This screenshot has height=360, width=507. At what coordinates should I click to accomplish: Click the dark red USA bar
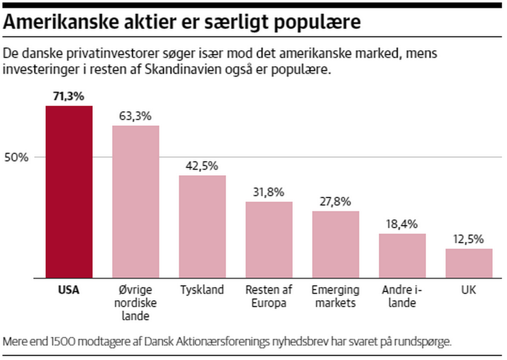tap(69, 192)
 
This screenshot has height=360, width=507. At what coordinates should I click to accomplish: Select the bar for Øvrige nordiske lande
tap(136, 201)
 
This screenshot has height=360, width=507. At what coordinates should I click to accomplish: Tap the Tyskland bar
tap(202, 226)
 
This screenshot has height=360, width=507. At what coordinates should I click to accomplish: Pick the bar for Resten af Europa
tap(269, 239)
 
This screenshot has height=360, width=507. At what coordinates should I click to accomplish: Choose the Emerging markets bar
tap(335, 244)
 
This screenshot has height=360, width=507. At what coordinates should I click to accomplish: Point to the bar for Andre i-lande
tap(402, 255)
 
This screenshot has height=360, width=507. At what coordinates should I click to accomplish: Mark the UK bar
tap(469, 263)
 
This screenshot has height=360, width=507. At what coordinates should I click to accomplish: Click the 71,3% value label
tap(69, 96)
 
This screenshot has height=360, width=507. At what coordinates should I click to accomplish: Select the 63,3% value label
tap(136, 116)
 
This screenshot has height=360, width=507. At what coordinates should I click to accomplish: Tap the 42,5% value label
tap(202, 165)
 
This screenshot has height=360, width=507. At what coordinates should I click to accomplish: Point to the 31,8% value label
tap(269, 192)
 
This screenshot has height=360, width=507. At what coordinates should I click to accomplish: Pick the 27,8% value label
tap(335, 201)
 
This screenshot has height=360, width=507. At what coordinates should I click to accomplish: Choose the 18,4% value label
tap(402, 224)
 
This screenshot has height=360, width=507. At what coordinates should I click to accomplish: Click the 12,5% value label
tap(469, 239)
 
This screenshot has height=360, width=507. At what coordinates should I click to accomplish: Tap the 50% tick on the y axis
tap(17, 158)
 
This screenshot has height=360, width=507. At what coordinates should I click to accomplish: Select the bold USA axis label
tap(69, 290)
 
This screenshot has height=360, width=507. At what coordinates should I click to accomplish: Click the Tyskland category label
tap(202, 290)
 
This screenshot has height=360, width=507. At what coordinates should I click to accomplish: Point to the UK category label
tap(469, 290)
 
